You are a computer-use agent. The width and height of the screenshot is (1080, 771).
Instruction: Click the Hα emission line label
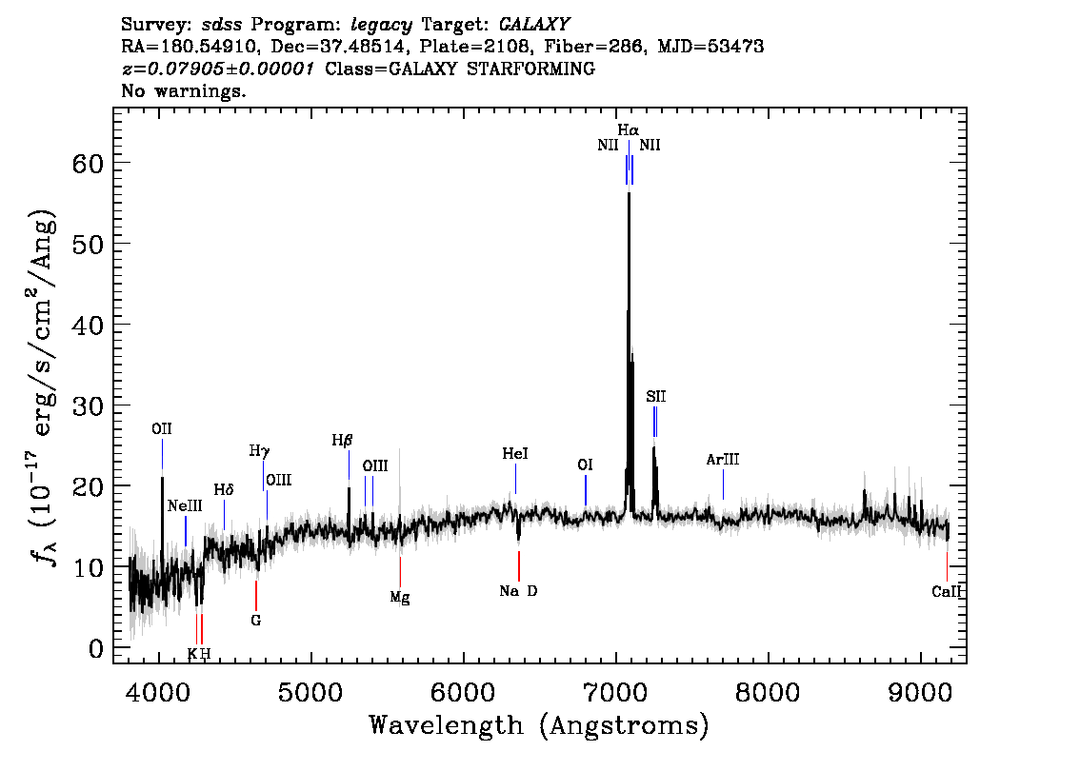628,129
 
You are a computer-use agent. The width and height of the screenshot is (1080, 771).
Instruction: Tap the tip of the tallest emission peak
629,193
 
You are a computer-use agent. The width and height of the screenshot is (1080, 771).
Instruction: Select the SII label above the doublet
655,397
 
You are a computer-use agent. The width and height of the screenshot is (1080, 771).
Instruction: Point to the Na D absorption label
518,591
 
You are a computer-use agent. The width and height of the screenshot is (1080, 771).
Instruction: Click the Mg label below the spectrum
400,598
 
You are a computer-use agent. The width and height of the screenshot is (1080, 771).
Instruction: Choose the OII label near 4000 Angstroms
162,429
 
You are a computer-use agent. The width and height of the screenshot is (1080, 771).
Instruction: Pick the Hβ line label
342,440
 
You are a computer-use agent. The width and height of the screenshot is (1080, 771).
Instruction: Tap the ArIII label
723,459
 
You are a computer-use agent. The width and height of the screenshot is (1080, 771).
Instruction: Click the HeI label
515,454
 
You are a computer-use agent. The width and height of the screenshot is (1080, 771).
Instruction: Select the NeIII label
185,506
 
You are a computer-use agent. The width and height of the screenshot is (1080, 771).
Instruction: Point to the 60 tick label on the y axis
88,163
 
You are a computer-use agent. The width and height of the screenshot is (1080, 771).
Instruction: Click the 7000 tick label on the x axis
615,691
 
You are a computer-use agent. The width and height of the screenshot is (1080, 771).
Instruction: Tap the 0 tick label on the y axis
96,648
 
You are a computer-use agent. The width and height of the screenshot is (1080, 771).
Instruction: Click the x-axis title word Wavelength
447,725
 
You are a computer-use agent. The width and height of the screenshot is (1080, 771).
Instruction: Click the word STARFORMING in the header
530,69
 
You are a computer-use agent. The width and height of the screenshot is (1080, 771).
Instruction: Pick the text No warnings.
183,90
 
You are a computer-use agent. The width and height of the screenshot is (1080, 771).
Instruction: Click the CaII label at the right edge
947,591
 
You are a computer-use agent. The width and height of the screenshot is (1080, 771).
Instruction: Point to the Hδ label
224,489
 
